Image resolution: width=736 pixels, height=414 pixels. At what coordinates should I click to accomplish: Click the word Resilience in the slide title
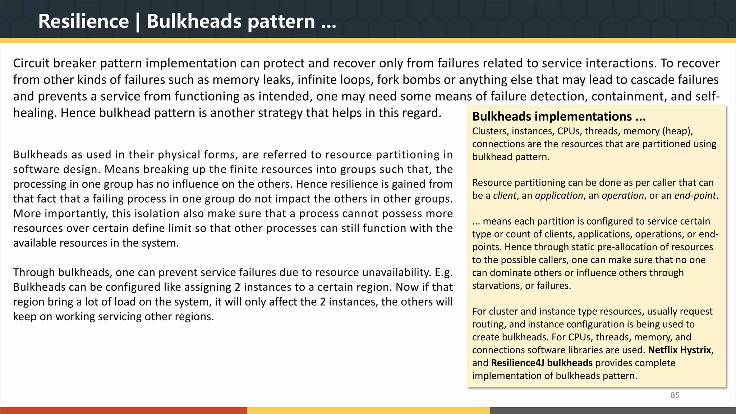(83, 21)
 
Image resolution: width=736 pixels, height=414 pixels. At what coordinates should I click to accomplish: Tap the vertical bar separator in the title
(138, 22)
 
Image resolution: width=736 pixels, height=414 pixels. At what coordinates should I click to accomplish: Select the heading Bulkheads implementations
(559, 116)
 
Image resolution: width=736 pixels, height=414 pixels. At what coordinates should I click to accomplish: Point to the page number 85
(675, 395)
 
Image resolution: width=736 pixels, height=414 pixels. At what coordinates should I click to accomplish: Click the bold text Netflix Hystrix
(680, 350)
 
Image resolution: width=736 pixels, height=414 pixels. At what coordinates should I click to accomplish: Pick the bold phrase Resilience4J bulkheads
(542, 363)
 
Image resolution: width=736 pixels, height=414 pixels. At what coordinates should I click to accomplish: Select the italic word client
(505, 195)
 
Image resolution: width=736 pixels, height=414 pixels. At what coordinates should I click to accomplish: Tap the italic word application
(559, 195)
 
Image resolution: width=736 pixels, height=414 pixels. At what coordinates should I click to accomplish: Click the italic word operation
(623, 195)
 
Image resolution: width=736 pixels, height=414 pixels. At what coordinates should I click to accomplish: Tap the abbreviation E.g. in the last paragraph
(443, 272)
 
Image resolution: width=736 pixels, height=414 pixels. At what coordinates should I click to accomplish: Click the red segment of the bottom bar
(124, 410)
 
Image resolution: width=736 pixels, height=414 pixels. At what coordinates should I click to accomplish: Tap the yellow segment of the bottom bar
(368, 410)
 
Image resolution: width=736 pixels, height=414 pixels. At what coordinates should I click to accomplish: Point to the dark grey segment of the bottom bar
(613, 410)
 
